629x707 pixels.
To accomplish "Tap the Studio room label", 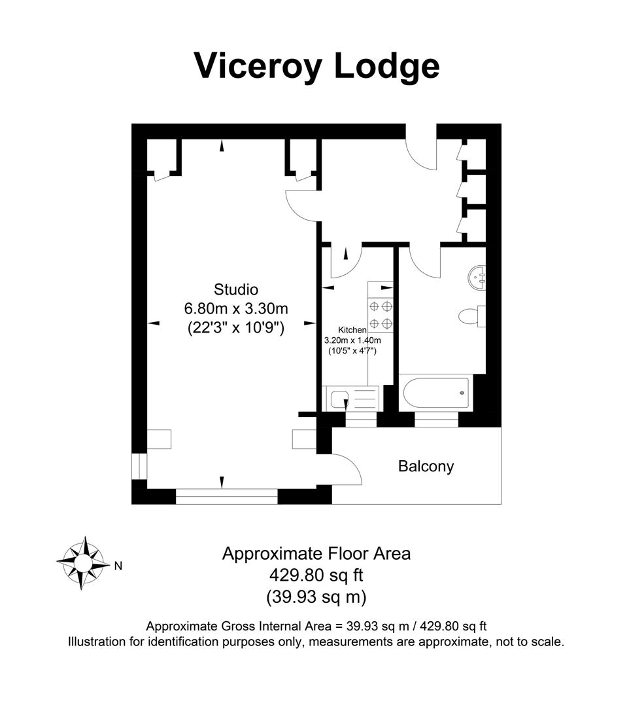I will [x=236, y=289].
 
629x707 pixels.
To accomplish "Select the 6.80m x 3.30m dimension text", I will [x=236, y=308].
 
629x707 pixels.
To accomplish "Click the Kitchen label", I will [x=352, y=330].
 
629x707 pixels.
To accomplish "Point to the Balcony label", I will [x=426, y=466].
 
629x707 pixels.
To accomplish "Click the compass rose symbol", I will [x=83, y=562].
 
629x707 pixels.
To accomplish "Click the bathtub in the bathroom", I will [x=435, y=393].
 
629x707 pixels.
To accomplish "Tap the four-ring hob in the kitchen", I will [x=381, y=314].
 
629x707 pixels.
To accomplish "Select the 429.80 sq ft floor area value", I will [x=316, y=575].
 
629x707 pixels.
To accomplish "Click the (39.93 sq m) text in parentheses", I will [x=316, y=597].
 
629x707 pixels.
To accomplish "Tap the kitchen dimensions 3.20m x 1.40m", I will [x=352, y=340].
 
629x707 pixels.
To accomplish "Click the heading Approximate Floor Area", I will [x=316, y=553].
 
